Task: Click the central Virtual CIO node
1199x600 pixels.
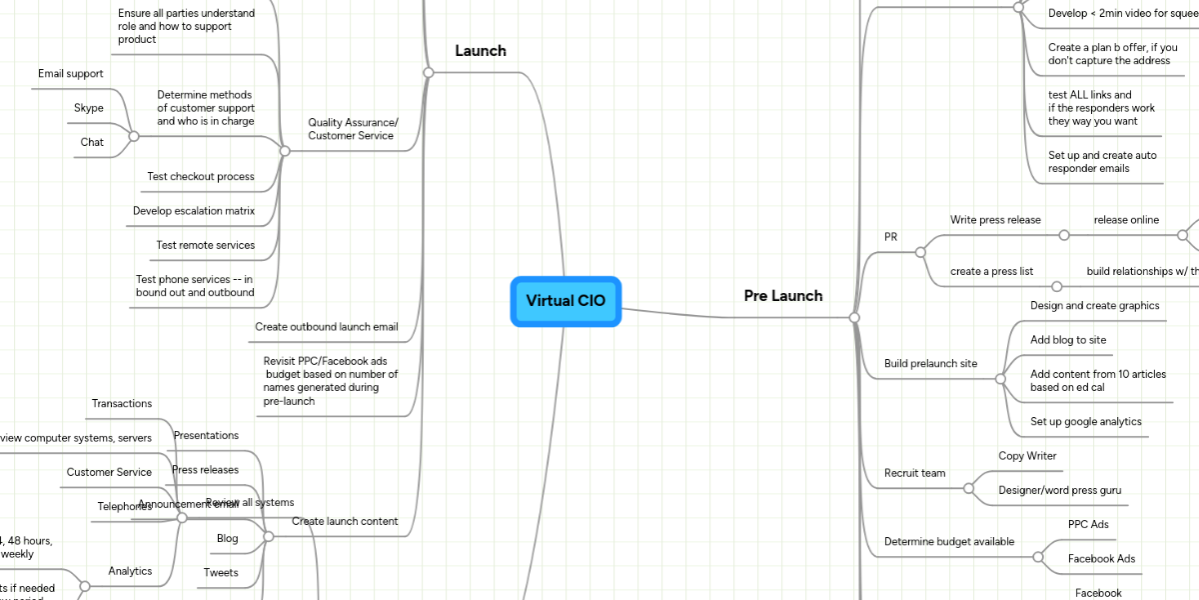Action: (566, 301)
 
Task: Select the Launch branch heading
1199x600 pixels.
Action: (481, 51)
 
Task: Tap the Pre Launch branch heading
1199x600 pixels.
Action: (783, 295)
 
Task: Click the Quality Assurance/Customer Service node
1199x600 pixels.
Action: (352, 129)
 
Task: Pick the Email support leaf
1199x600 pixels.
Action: (70, 74)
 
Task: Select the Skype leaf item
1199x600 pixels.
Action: (89, 108)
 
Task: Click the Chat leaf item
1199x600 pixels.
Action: (92, 142)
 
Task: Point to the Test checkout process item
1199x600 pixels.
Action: (200, 177)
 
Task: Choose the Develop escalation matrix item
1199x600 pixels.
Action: (194, 211)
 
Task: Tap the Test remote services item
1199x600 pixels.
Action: (205, 245)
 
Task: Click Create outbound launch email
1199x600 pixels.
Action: (326, 327)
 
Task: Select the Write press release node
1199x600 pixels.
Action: (995, 220)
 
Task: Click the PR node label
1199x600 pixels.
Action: (891, 236)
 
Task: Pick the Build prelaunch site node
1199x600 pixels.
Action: (930, 363)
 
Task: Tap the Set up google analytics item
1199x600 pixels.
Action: (1085, 422)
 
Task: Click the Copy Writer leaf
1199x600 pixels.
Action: (1027, 456)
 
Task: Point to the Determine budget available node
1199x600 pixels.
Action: (949, 542)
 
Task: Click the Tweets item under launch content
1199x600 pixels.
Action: (221, 573)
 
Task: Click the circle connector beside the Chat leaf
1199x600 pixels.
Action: (133, 135)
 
